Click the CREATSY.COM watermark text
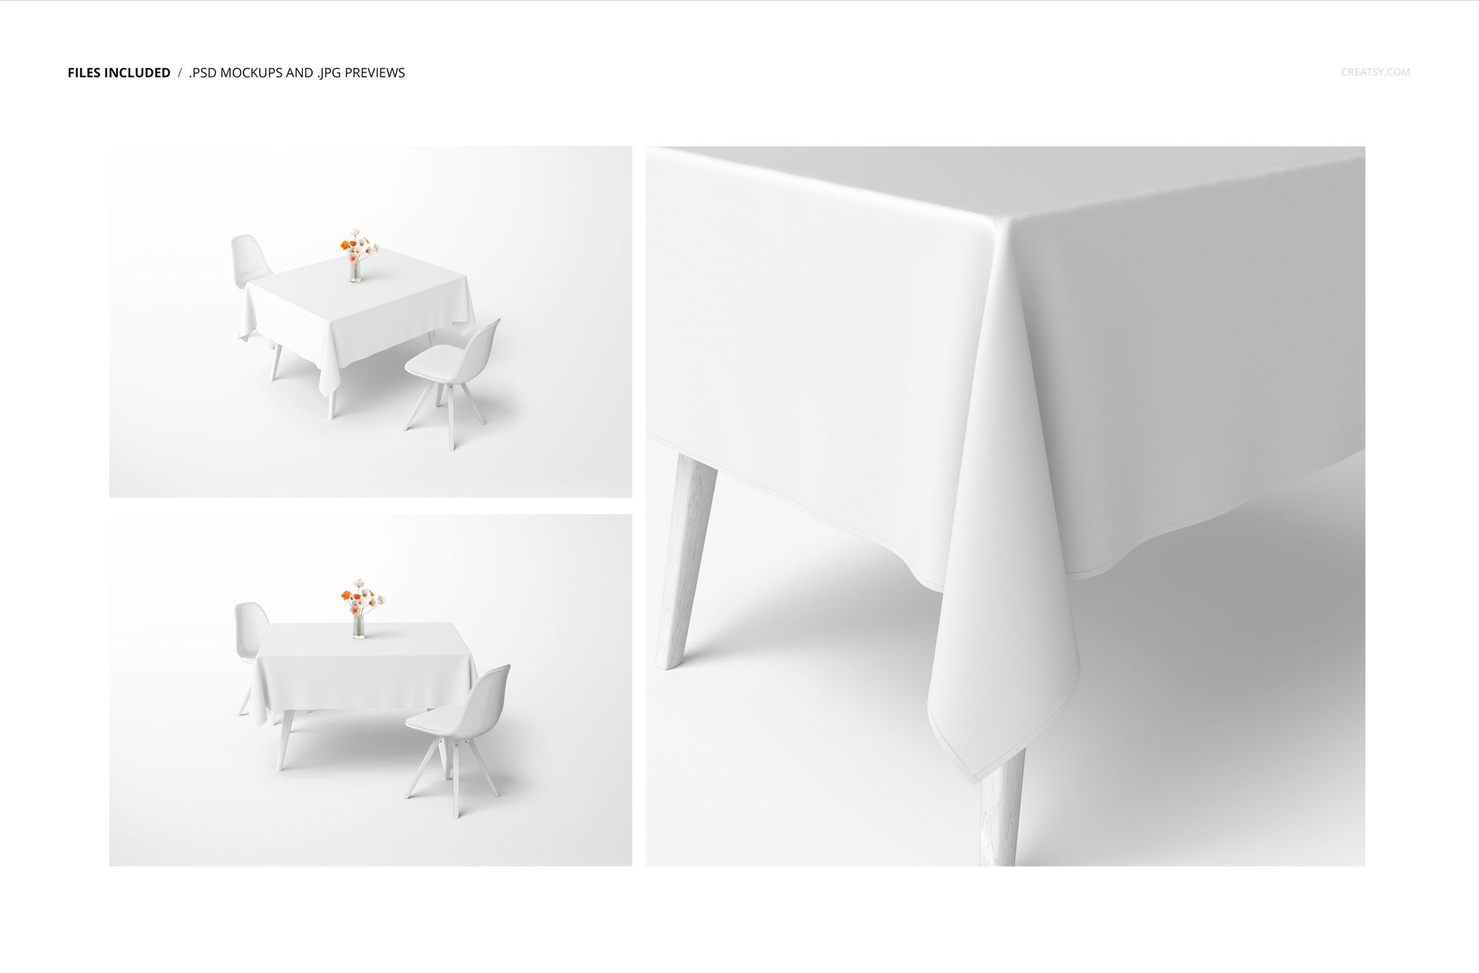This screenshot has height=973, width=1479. [x=1375, y=72]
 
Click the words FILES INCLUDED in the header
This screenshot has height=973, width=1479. [x=119, y=73]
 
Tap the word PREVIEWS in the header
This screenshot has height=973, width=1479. [x=374, y=73]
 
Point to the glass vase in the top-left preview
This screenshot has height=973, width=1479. [x=354, y=272]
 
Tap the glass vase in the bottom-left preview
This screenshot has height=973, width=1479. [x=357, y=626]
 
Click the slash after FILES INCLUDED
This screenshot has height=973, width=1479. [x=179, y=73]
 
